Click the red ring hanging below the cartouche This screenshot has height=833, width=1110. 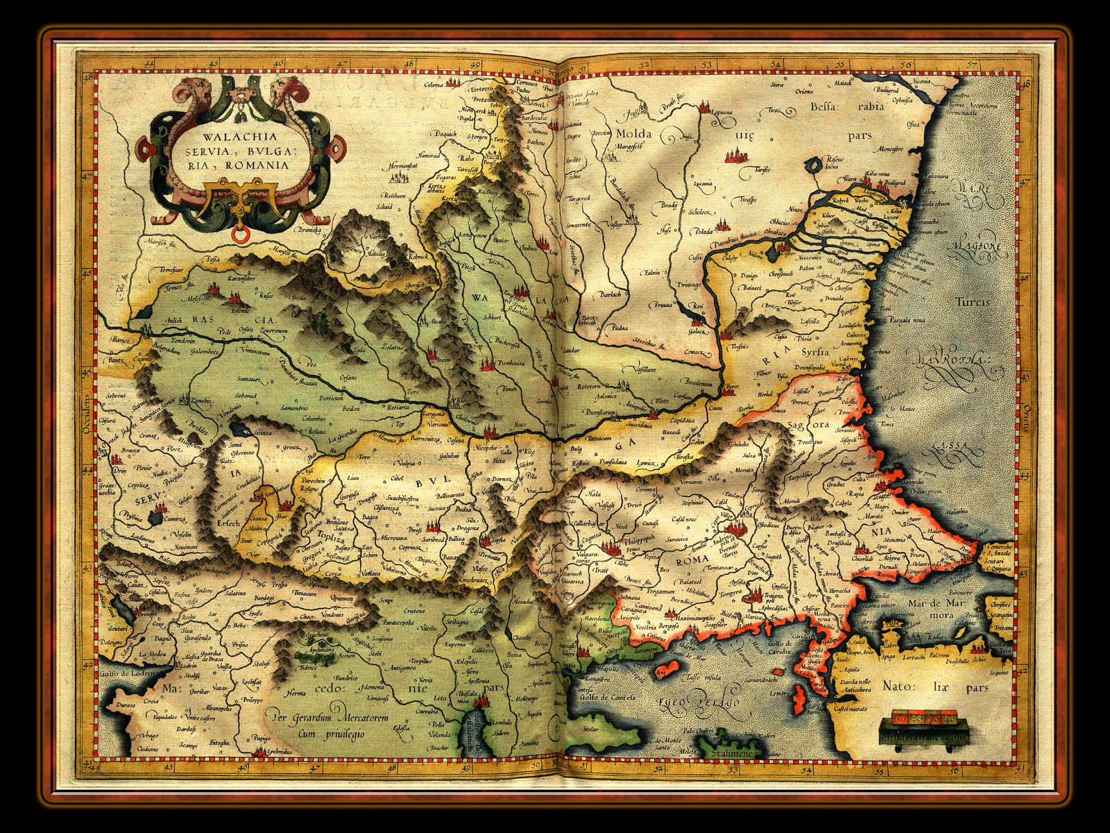click(x=241, y=236)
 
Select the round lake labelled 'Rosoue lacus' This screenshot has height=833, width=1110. click(x=812, y=167)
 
